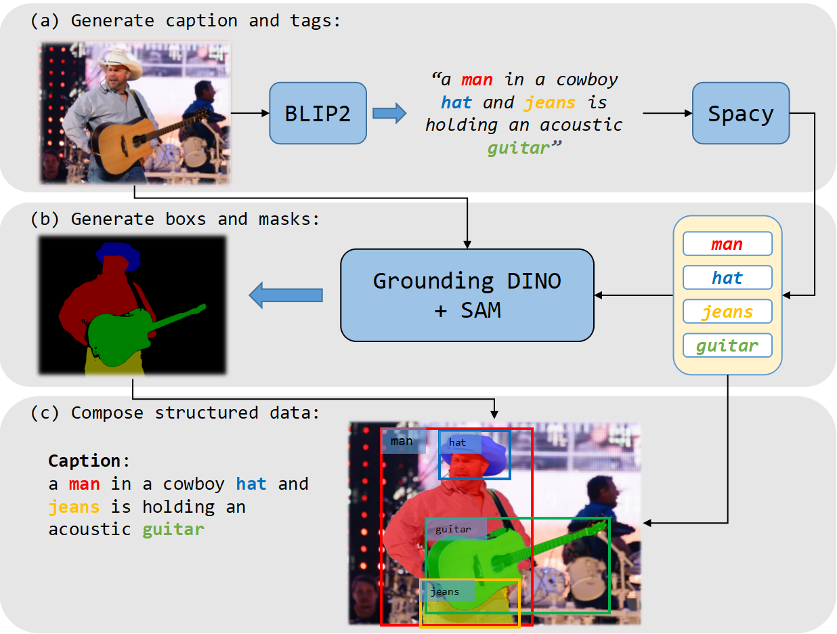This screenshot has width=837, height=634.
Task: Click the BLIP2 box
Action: [318, 113]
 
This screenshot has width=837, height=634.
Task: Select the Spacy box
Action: [740, 113]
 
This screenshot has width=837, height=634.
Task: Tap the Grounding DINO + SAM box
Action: [467, 295]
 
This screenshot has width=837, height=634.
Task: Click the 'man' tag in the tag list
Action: [727, 244]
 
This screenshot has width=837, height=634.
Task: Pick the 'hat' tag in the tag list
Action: [727, 278]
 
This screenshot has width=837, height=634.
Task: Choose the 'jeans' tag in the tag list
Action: [727, 312]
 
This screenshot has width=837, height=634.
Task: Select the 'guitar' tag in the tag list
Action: [727, 346]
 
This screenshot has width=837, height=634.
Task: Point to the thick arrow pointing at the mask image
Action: [285, 295]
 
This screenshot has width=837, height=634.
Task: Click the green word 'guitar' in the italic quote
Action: [518, 148]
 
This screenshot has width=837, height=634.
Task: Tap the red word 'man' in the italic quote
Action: [477, 80]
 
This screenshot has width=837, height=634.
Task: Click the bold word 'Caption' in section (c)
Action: [84, 461]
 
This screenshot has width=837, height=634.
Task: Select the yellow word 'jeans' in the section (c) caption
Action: [74, 507]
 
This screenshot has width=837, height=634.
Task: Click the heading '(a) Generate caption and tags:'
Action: [186, 20]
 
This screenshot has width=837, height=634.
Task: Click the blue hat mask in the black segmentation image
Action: [118, 254]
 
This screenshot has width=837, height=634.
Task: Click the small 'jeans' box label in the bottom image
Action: [447, 591]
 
